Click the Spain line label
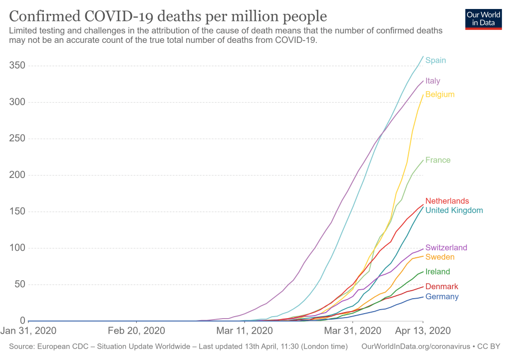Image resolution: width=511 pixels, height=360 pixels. click(x=436, y=60)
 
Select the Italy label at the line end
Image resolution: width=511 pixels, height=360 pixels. click(x=433, y=81)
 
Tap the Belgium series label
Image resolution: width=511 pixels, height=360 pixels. click(x=440, y=94)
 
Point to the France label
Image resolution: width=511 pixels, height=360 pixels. click(x=438, y=160)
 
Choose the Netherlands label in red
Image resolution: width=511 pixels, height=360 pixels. click(x=447, y=201)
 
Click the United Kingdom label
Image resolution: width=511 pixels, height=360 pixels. click(x=454, y=210)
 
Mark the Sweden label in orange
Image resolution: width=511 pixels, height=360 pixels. click(x=440, y=257)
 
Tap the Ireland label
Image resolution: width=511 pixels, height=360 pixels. click(x=438, y=272)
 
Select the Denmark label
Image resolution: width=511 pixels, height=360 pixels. click(x=442, y=287)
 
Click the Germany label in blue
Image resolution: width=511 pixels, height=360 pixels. click(x=442, y=297)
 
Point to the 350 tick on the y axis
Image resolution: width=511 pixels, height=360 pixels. click(x=17, y=66)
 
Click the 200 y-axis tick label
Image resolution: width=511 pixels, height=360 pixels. click(x=17, y=175)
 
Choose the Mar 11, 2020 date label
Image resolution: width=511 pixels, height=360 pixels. click(x=245, y=331)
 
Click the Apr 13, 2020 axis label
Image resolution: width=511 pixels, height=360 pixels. click(x=423, y=331)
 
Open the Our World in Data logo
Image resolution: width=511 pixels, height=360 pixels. click(x=483, y=18)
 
